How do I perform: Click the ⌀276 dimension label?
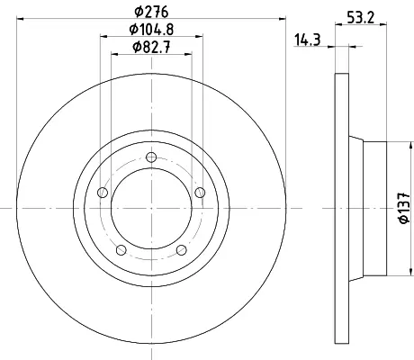click(151, 12)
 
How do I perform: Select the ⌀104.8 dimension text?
click(151, 30)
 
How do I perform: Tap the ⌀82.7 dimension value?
click(151, 47)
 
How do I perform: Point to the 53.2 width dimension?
click(361, 18)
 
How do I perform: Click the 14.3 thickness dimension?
click(308, 40)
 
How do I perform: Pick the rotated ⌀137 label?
click(404, 208)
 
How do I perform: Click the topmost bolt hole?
click(151, 157)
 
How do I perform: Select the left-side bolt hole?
click(103, 193)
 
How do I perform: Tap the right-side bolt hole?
click(200, 193)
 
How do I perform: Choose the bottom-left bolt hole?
click(121, 249)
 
